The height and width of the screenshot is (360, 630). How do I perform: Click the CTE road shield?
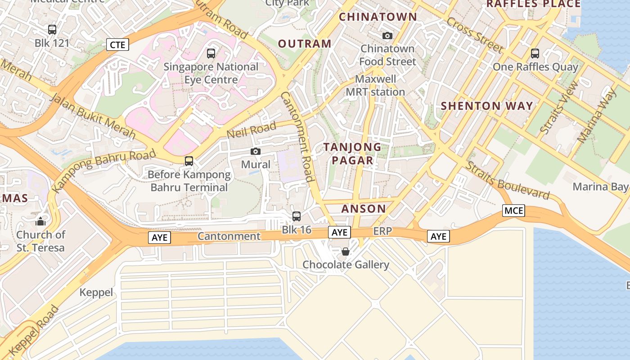click(x=118, y=45)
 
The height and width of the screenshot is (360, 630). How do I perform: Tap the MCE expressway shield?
click(x=514, y=211)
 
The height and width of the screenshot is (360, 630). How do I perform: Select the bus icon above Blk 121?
click(x=52, y=30)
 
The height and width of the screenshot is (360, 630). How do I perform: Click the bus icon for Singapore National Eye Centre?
click(x=211, y=54)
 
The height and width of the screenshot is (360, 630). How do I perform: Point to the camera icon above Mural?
click(x=256, y=152)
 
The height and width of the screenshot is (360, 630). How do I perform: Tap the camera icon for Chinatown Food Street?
click(x=387, y=36)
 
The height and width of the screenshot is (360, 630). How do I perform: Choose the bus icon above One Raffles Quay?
click(x=535, y=54)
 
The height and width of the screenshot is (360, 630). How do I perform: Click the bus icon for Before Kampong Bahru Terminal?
click(x=189, y=161)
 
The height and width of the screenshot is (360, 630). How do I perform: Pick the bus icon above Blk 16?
click(x=297, y=216)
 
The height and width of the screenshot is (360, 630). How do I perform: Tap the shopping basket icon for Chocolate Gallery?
click(x=346, y=251)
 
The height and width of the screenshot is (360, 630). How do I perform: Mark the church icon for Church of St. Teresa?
click(x=40, y=221)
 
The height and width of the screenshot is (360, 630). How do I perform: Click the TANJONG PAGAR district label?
click(x=352, y=153)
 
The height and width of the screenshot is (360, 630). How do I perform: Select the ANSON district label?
click(x=364, y=209)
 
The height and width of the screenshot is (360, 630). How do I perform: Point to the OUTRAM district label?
click(x=305, y=44)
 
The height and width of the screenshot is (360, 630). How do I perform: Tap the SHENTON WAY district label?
click(x=487, y=106)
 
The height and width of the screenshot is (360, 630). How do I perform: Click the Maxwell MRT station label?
click(x=375, y=85)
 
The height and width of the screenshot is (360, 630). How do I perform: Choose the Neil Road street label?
click(x=251, y=131)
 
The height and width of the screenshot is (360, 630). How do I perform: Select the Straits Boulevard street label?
click(x=507, y=180)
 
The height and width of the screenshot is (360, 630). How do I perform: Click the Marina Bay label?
click(x=600, y=187)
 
